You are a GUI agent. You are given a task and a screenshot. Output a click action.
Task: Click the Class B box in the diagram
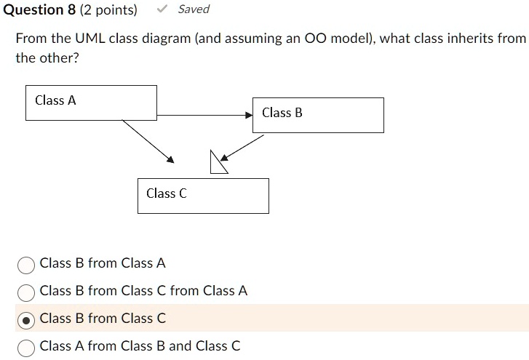(318, 115)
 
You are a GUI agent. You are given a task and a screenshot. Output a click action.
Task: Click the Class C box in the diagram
(203, 196)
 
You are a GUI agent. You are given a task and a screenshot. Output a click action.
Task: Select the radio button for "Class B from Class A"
(26, 264)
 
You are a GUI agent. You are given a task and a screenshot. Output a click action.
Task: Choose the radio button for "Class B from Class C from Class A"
(26, 292)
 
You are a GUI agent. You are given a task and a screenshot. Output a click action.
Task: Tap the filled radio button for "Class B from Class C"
(26, 319)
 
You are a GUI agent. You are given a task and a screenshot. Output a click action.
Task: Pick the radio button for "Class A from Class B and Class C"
(26, 347)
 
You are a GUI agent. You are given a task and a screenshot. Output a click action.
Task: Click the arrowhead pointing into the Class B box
(249, 115)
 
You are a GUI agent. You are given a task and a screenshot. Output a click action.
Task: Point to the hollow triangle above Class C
(218, 164)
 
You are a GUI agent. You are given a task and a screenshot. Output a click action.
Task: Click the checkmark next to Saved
(164, 9)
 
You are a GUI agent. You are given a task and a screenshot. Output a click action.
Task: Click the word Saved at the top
(194, 9)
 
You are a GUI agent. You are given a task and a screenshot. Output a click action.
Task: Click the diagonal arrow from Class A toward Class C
(148, 141)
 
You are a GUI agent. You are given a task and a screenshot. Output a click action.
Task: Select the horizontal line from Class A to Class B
(204, 115)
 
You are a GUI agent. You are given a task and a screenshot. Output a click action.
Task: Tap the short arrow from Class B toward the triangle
(242, 148)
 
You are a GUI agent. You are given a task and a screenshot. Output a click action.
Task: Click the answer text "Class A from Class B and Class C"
(140, 346)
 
